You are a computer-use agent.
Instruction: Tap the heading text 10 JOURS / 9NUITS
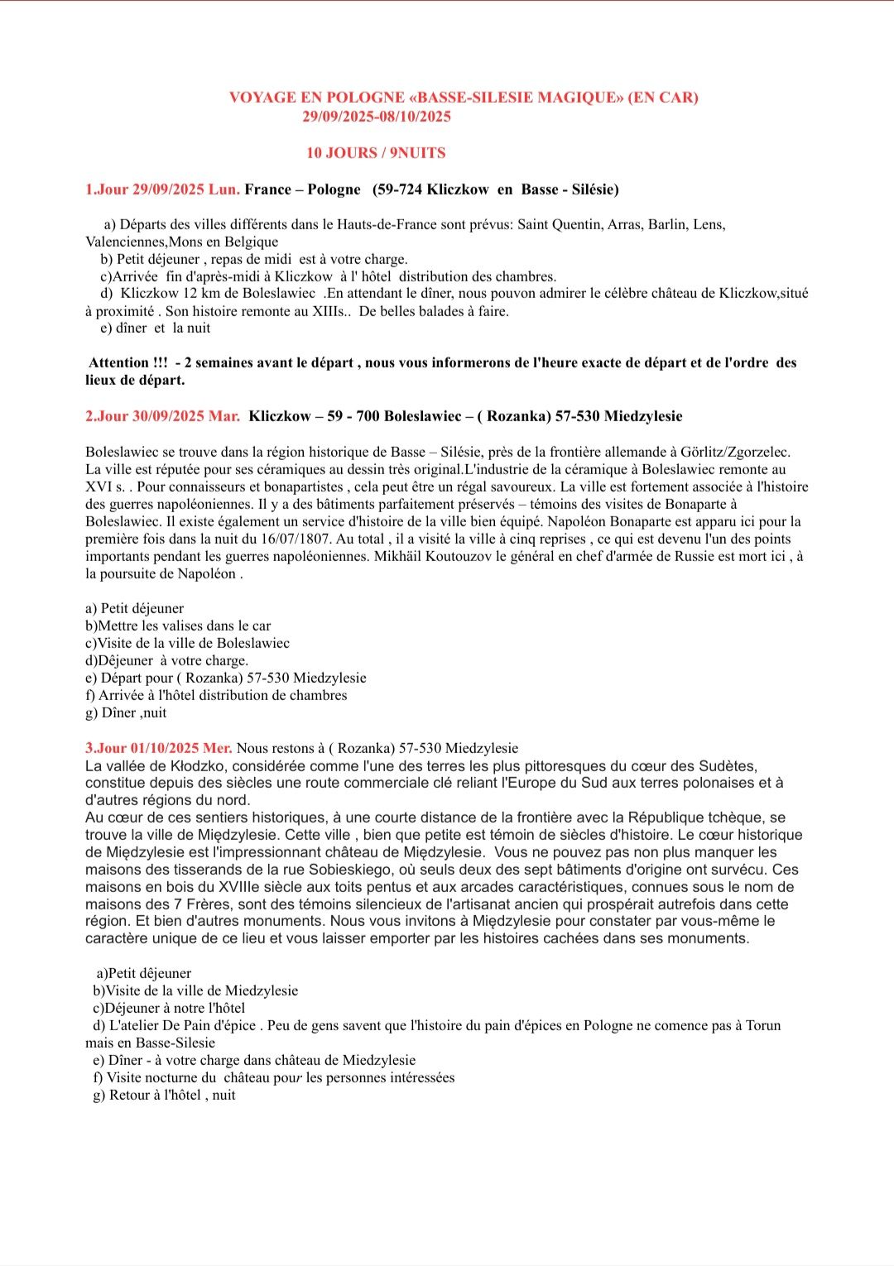376,153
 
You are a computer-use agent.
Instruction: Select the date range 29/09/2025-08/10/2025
377,117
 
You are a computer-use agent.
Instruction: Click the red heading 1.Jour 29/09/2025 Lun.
162,189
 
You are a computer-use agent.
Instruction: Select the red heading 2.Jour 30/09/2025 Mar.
162,416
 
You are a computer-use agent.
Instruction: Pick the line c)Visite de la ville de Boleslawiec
188,643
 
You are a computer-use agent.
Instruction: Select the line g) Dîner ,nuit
126,712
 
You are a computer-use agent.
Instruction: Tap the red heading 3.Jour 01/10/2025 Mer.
158,748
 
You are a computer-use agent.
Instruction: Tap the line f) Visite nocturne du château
274,1077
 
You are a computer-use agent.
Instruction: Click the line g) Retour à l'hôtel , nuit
164,1095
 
